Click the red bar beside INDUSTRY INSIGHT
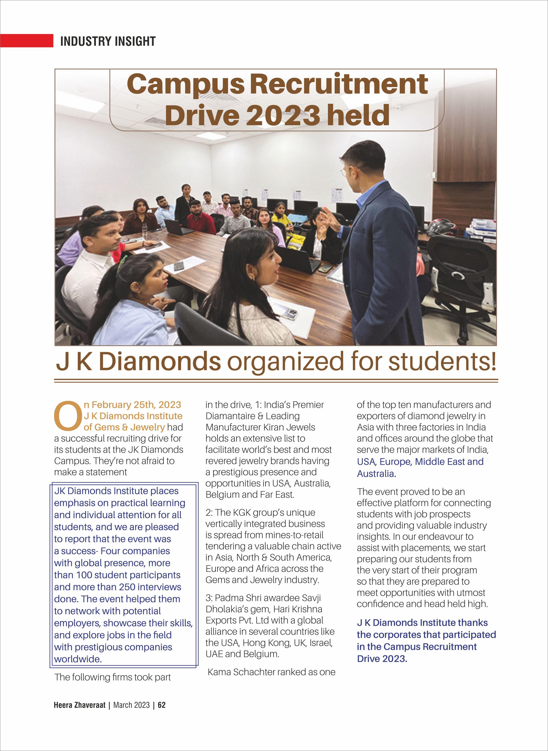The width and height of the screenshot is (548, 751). [x=26, y=40]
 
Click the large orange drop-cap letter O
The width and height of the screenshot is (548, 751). [x=67, y=415]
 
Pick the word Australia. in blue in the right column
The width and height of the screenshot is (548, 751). [x=376, y=474]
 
